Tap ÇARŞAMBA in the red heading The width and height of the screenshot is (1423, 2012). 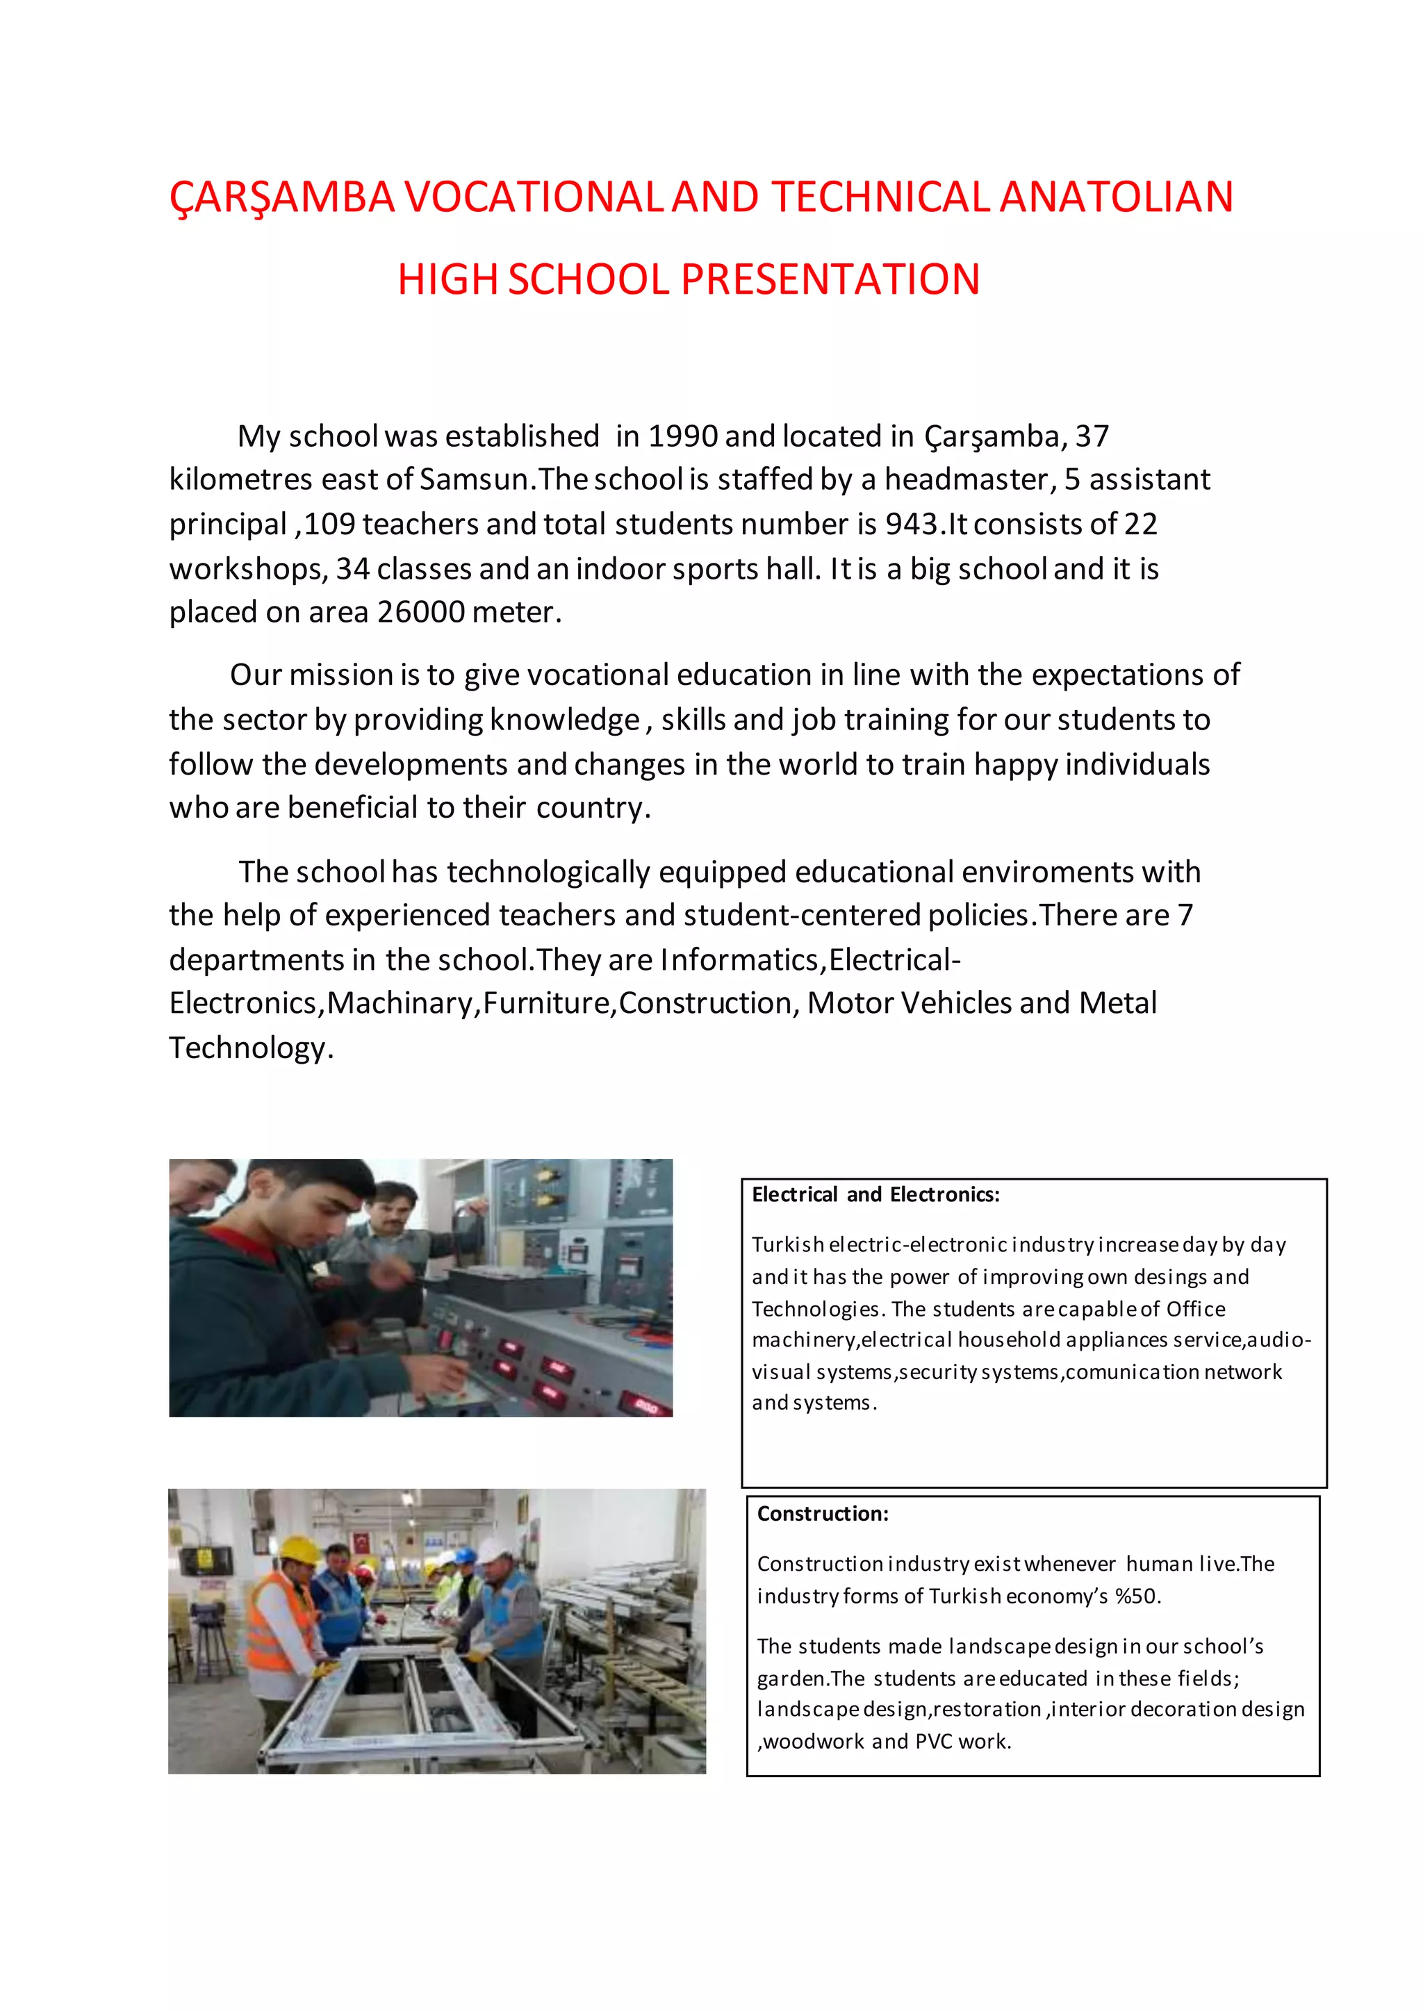pyautogui.click(x=282, y=197)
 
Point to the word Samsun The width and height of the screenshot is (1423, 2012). pyautogui.click(x=474, y=479)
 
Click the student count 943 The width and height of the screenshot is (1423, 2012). pyautogui.click(x=912, y=524)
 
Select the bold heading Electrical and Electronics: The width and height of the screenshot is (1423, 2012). pyautogui.click(x=875, y=1194)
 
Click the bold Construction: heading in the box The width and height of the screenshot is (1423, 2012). pyautogui.click(x=822, y=1513)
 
